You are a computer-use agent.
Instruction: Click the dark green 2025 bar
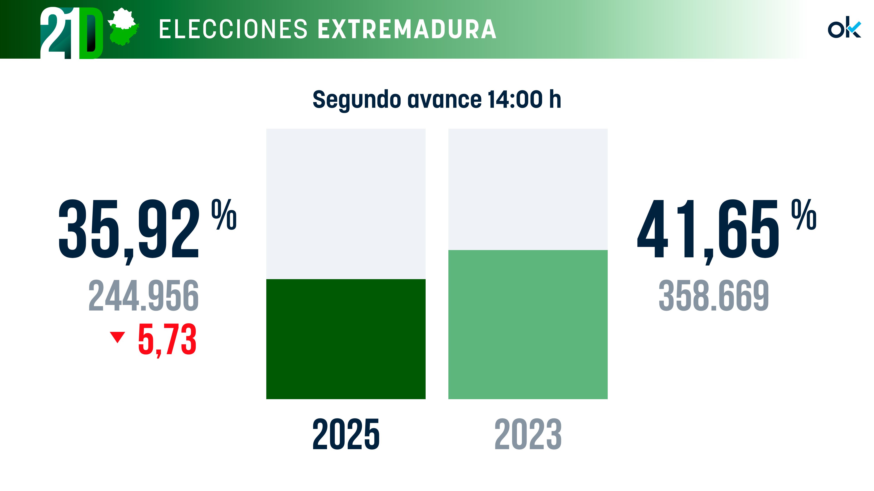click(x=346, y=339)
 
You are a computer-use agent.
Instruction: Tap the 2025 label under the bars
click(x=346, y=434)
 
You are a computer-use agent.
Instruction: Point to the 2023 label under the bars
click(x=528, y=434)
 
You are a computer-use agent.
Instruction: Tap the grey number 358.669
click(x=714, y=296)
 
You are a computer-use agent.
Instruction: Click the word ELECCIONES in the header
click(x=233, y=30)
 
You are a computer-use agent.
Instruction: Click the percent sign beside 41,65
click(x=804, y=215)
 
